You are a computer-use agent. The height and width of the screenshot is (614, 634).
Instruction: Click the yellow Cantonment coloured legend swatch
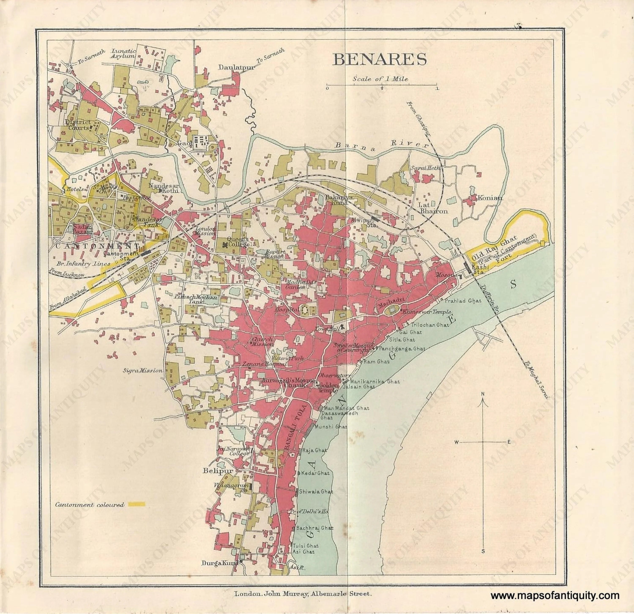pos(137,504)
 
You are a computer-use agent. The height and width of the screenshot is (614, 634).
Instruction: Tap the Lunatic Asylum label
pos(123,53)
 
